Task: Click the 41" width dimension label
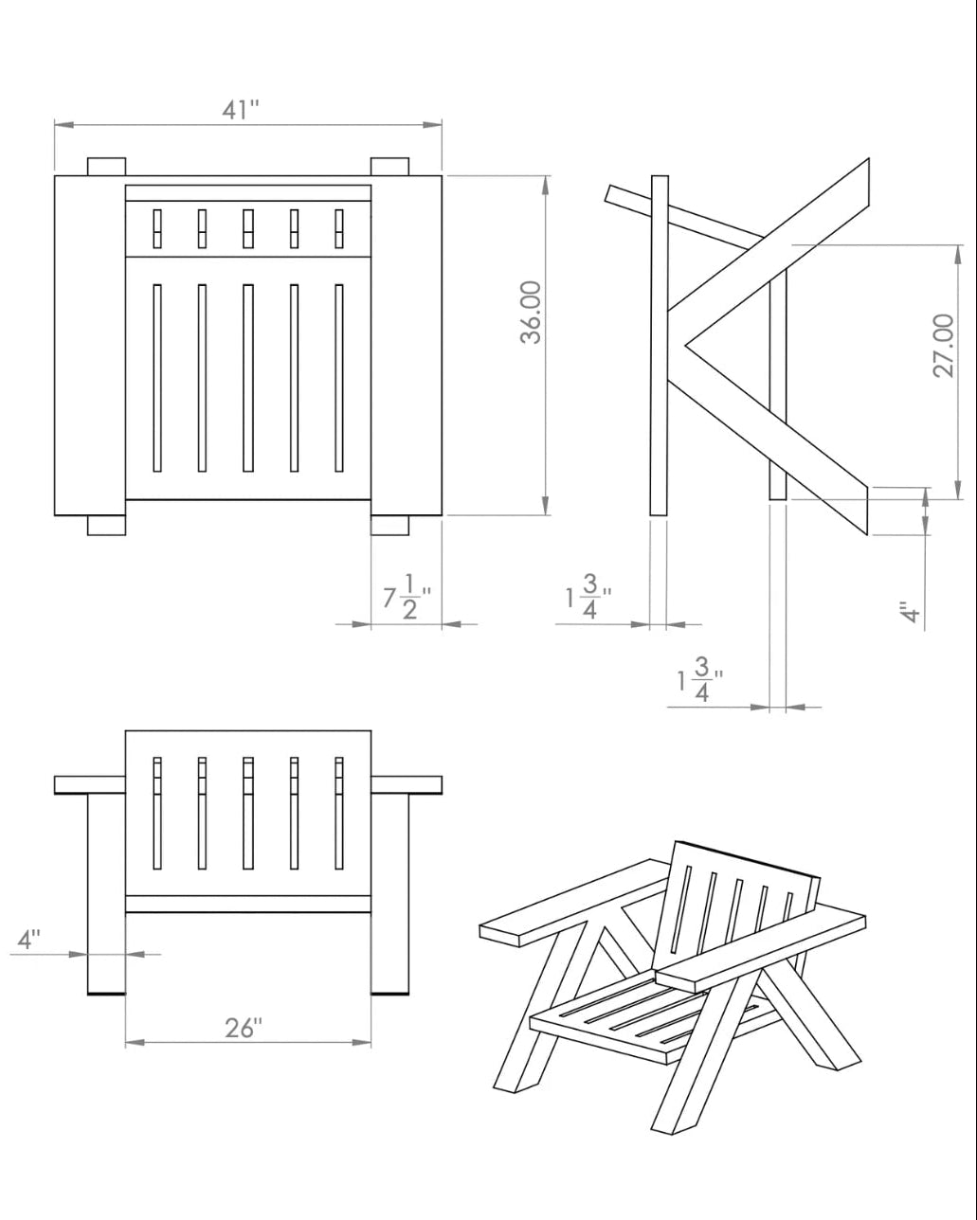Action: click(241, 109)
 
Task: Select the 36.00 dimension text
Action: click(531, 313)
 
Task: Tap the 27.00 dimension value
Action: click(944, 346)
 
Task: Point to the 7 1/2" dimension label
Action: click(407, 597)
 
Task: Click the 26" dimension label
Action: click(244, 1028)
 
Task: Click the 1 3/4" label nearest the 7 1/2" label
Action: click(588, 597)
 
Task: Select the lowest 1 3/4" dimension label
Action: click(700, 680)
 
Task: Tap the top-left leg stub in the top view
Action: click(107, 167)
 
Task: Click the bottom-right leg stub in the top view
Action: click(389, 525)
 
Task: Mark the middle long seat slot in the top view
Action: click(248, 378)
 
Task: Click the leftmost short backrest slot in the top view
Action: click(157, 228)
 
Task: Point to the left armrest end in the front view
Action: click(90, 784)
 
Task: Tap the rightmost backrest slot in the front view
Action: click(339, 813)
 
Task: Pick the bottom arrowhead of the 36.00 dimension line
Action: click(546, 505)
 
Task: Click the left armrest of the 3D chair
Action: click(573, 904)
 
